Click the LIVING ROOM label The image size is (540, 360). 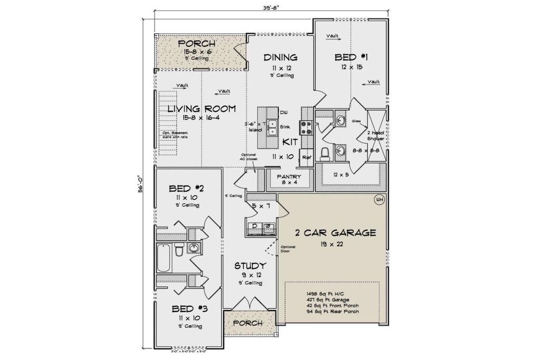pos(201,109)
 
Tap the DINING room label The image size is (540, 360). pos(281,57)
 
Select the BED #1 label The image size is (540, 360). pos(351,57)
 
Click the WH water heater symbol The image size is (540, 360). pos(379,200)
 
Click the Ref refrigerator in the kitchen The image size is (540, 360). pos(306,157)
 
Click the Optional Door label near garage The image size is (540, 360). pos(288,249)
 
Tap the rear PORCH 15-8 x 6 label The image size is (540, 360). pos(196,43)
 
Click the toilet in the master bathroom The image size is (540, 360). pos(325,153)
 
